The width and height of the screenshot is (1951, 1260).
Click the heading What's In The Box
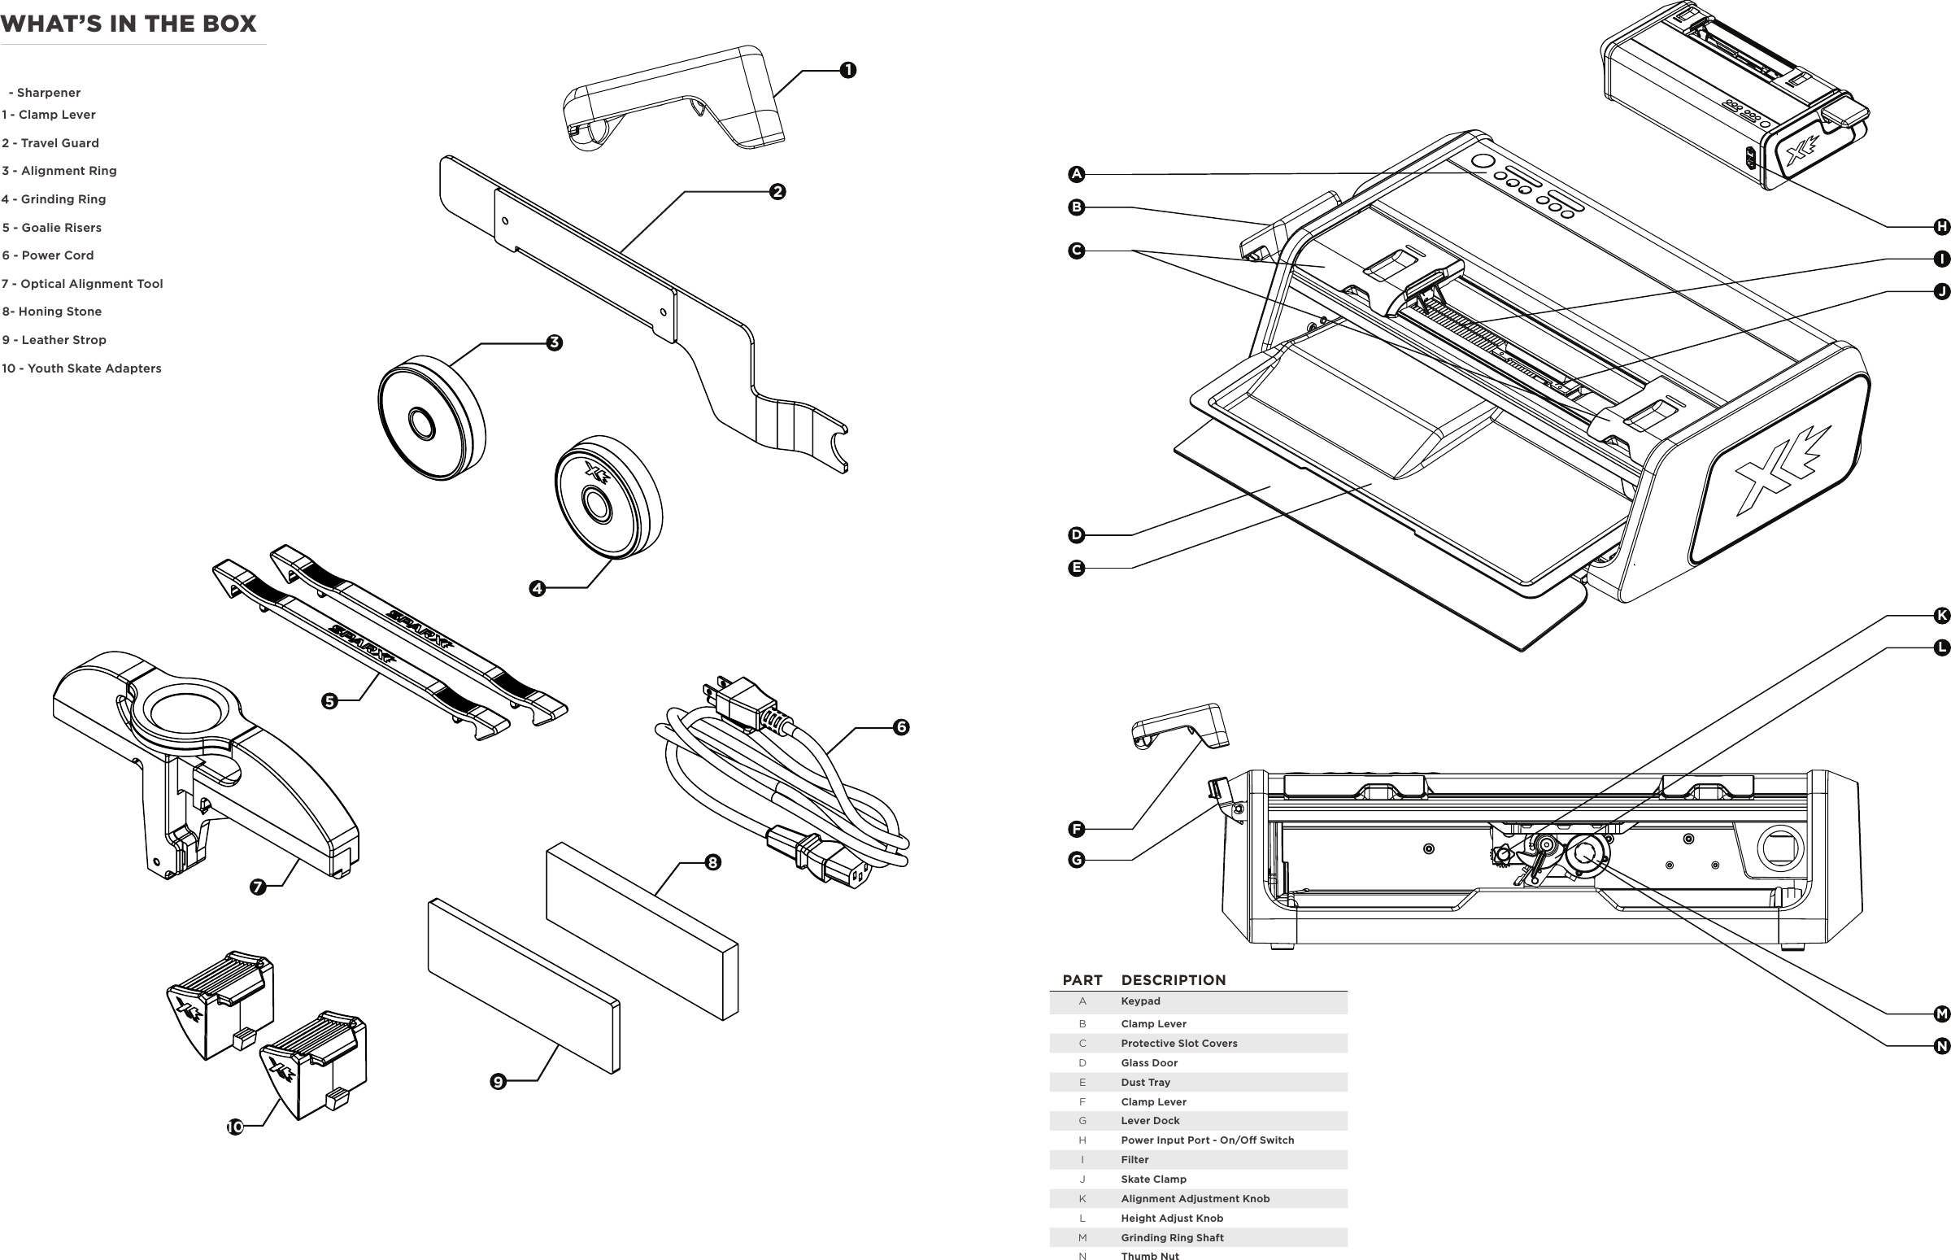pos(128,24)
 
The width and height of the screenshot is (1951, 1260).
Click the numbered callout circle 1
pos(848,71)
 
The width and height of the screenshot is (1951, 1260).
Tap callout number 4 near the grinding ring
pos(537,588)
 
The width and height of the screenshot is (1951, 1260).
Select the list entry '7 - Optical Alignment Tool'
pos(83,284)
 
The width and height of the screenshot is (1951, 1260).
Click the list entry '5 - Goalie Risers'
pos(51,228)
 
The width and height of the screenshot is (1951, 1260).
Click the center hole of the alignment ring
pos(422,424)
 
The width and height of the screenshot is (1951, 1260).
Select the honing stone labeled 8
pos(642,933)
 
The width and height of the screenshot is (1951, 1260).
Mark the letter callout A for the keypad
pos(1077,174)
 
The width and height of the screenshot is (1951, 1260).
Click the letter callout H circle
pos(1941,227)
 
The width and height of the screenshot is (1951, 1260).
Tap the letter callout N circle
pos(1941,1046)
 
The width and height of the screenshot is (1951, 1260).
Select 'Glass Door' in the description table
pos(1149,1063)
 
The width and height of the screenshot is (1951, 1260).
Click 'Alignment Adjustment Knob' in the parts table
pos(1195,1199)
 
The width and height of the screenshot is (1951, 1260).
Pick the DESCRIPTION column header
pos(1173,980)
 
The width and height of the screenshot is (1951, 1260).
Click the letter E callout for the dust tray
pos(1077,568)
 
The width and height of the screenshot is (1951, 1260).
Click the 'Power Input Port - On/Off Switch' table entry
pos(1208,1140)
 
